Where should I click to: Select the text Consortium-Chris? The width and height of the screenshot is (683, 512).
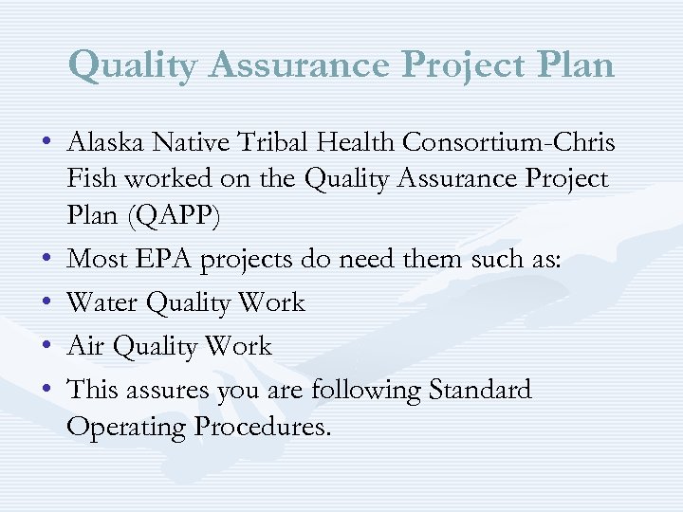coord(509,142)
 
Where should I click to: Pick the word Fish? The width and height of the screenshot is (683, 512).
coord(89,180)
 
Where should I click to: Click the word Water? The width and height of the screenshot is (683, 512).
coord(102,303)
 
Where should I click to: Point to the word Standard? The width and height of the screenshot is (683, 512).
coord(480,390)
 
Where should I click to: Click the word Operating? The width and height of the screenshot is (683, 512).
coord(127,428)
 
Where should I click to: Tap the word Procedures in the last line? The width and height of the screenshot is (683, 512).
coord(263,428)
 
